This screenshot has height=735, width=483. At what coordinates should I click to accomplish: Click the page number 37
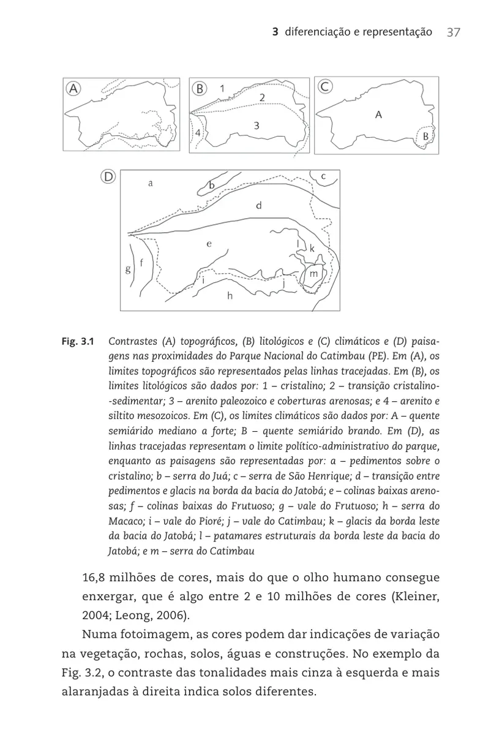(453, 32)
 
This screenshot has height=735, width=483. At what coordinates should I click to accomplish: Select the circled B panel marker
(199, 88)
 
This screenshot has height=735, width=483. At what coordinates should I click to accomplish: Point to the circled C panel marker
(325, 87)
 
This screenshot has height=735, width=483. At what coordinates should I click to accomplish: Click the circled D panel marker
(108, 177)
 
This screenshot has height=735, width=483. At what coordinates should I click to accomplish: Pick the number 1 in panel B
(222, 88)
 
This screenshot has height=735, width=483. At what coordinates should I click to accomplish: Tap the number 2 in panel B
(262, 98)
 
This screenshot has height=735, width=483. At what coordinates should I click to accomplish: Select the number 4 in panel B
(198, 133)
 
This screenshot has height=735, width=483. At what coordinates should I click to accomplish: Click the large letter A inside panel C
(378, 114)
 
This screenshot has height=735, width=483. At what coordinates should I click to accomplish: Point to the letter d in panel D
(259, 206)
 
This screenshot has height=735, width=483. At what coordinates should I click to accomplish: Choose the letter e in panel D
(209, 243)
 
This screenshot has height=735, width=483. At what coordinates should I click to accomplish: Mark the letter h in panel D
(230, 296)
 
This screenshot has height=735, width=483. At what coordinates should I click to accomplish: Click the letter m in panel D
(313, 274)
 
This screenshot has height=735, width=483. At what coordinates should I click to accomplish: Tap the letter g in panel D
(128, 269)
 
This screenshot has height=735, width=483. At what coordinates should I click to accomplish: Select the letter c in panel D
(324, 177)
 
